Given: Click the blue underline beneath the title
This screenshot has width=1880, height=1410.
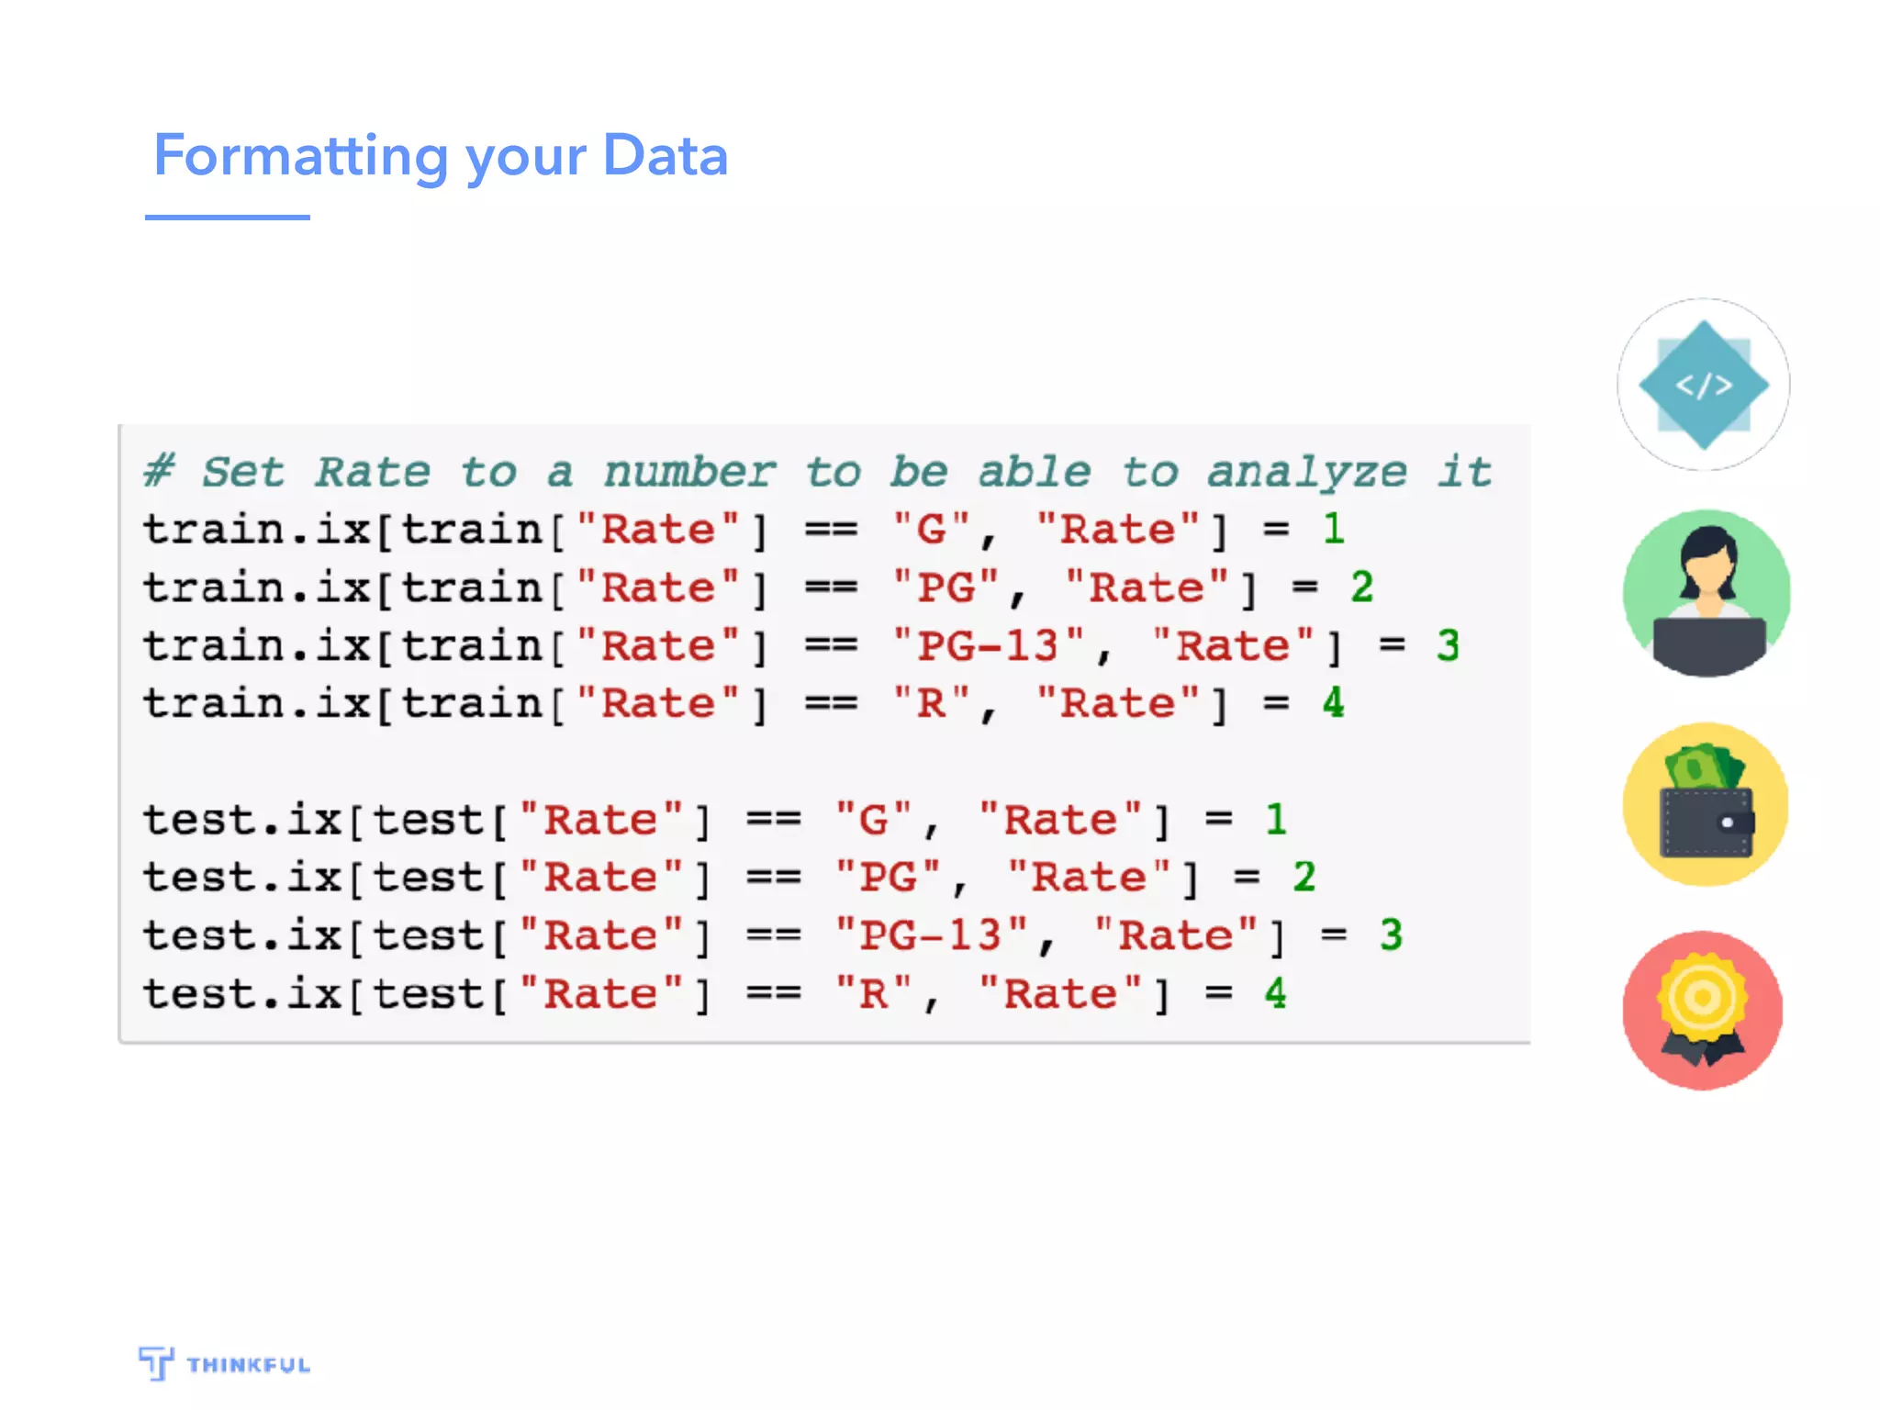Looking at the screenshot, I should click(227, 218).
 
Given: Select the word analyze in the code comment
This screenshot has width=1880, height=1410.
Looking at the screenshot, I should click(1306, 473).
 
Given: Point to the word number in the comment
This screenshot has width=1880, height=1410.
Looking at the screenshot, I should click(689, 473).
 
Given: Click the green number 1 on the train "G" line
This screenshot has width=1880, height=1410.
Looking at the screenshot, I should click(1334, 529).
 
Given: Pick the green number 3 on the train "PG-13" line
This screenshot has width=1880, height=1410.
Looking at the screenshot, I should click(1448, 645).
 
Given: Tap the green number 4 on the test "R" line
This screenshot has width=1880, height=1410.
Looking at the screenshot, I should click(1276, 993).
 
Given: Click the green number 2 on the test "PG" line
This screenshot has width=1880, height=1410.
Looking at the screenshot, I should click(1304, 877).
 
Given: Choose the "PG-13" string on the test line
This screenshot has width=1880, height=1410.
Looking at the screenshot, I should click(931, 935).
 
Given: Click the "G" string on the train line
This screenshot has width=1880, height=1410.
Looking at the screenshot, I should click(931, 530).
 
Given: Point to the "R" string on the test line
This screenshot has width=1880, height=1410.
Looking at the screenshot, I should click(873, 994).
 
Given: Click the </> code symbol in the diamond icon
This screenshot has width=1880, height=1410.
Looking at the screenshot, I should click(1704, 385).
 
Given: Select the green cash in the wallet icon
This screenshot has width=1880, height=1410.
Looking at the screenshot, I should click(1703, 767).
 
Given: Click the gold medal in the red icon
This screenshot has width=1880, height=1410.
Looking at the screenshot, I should click(1703, 998).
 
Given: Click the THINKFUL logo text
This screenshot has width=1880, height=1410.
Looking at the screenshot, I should click(248, 1365).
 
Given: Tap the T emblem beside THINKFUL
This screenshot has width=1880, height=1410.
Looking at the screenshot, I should click(156, 1362).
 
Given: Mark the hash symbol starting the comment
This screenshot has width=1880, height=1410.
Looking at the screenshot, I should click(159, 472).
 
